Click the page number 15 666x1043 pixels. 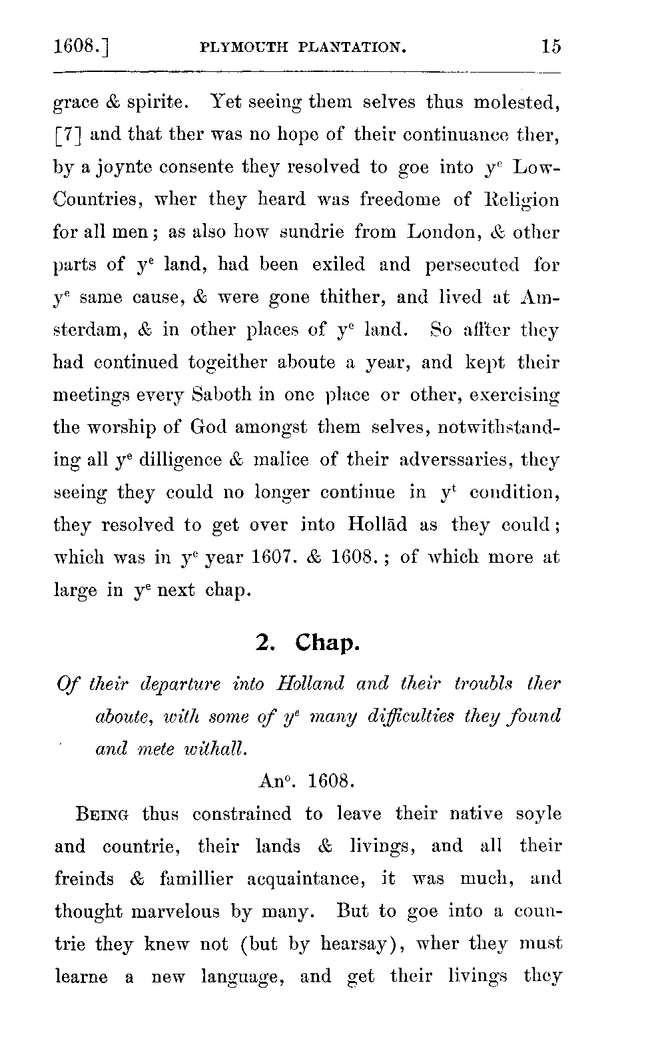click(551, 47)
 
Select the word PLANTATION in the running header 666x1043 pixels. click(351, 47)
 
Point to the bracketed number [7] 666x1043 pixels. click(68, 135)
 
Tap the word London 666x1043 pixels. click(440, 232)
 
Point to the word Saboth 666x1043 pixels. click(214, 395)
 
